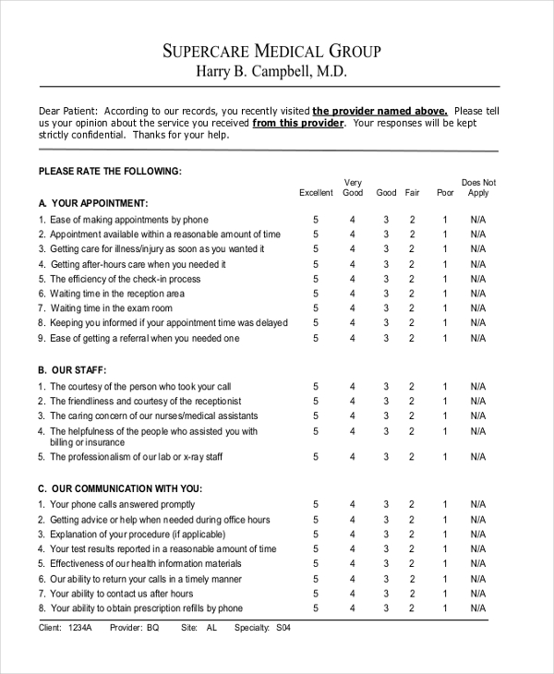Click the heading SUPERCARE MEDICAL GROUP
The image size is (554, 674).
pos(272,51)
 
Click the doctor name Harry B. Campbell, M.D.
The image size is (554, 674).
pos(272,72)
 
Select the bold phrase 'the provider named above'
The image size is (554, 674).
pos(380,109)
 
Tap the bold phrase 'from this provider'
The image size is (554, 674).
pos(298,122)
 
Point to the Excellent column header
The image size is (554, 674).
pos(316,193)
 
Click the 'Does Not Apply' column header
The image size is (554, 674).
pos(478,187)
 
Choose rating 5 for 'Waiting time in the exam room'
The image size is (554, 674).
pos(316,308)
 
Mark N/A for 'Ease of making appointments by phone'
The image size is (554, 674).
pos(478,220)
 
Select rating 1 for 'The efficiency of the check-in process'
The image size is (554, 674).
pos(445,279)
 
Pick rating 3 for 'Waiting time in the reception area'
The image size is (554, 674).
pos(386,294)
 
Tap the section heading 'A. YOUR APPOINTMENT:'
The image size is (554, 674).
pos(92,202)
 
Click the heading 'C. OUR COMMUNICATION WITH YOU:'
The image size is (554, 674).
pos(119,487)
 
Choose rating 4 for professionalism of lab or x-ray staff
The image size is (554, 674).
pos(352,457)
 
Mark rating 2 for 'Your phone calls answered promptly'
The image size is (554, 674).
pos(413,505)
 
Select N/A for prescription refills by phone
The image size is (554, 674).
pos(478,608)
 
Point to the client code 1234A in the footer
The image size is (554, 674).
pos(81,628)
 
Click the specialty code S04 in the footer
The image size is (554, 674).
pos(283,628)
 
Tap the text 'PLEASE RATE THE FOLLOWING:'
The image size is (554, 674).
pos(110,171)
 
